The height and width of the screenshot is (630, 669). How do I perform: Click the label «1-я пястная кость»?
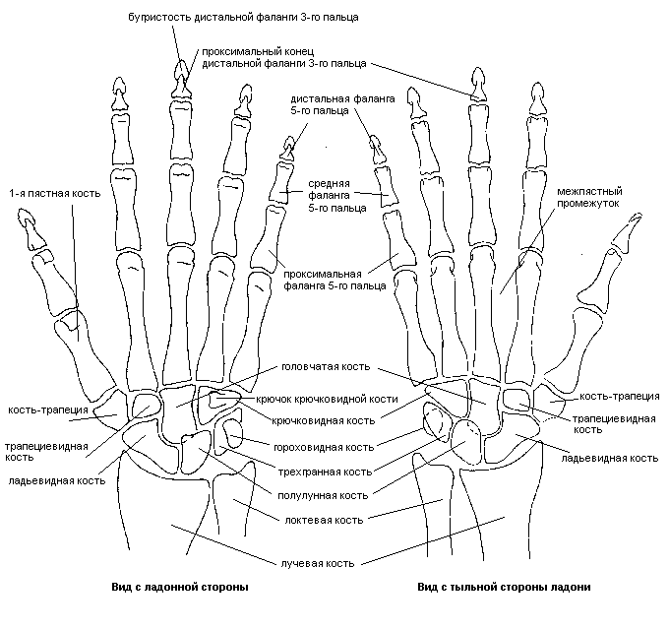pyautogui.click(x=40, y=193)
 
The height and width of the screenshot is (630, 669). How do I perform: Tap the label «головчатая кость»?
pyautogui.click(x=325, y=366)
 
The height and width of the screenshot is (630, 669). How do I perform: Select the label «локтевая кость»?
pyautogui.click(x=323, y=519)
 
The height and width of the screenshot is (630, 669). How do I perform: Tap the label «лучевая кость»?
pyautogui.click(x=321, y=564)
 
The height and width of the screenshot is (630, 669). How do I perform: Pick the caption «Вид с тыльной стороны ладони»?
pyautogui.click(x=504, y=587)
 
